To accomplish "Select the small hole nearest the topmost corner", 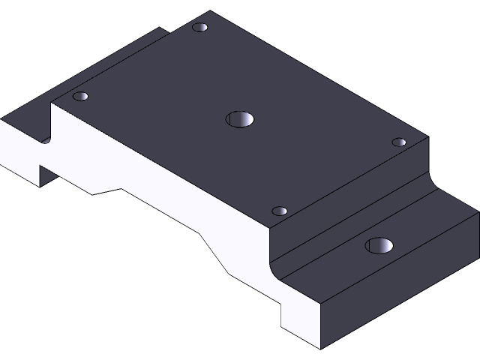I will click(200, 28).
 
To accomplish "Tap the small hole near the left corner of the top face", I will click(80, 97).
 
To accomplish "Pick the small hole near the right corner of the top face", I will click(399, 142).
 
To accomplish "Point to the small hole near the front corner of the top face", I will click(280, 211).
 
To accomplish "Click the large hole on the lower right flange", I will click(379, 245).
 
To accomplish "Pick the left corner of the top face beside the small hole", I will click(52, 103).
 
